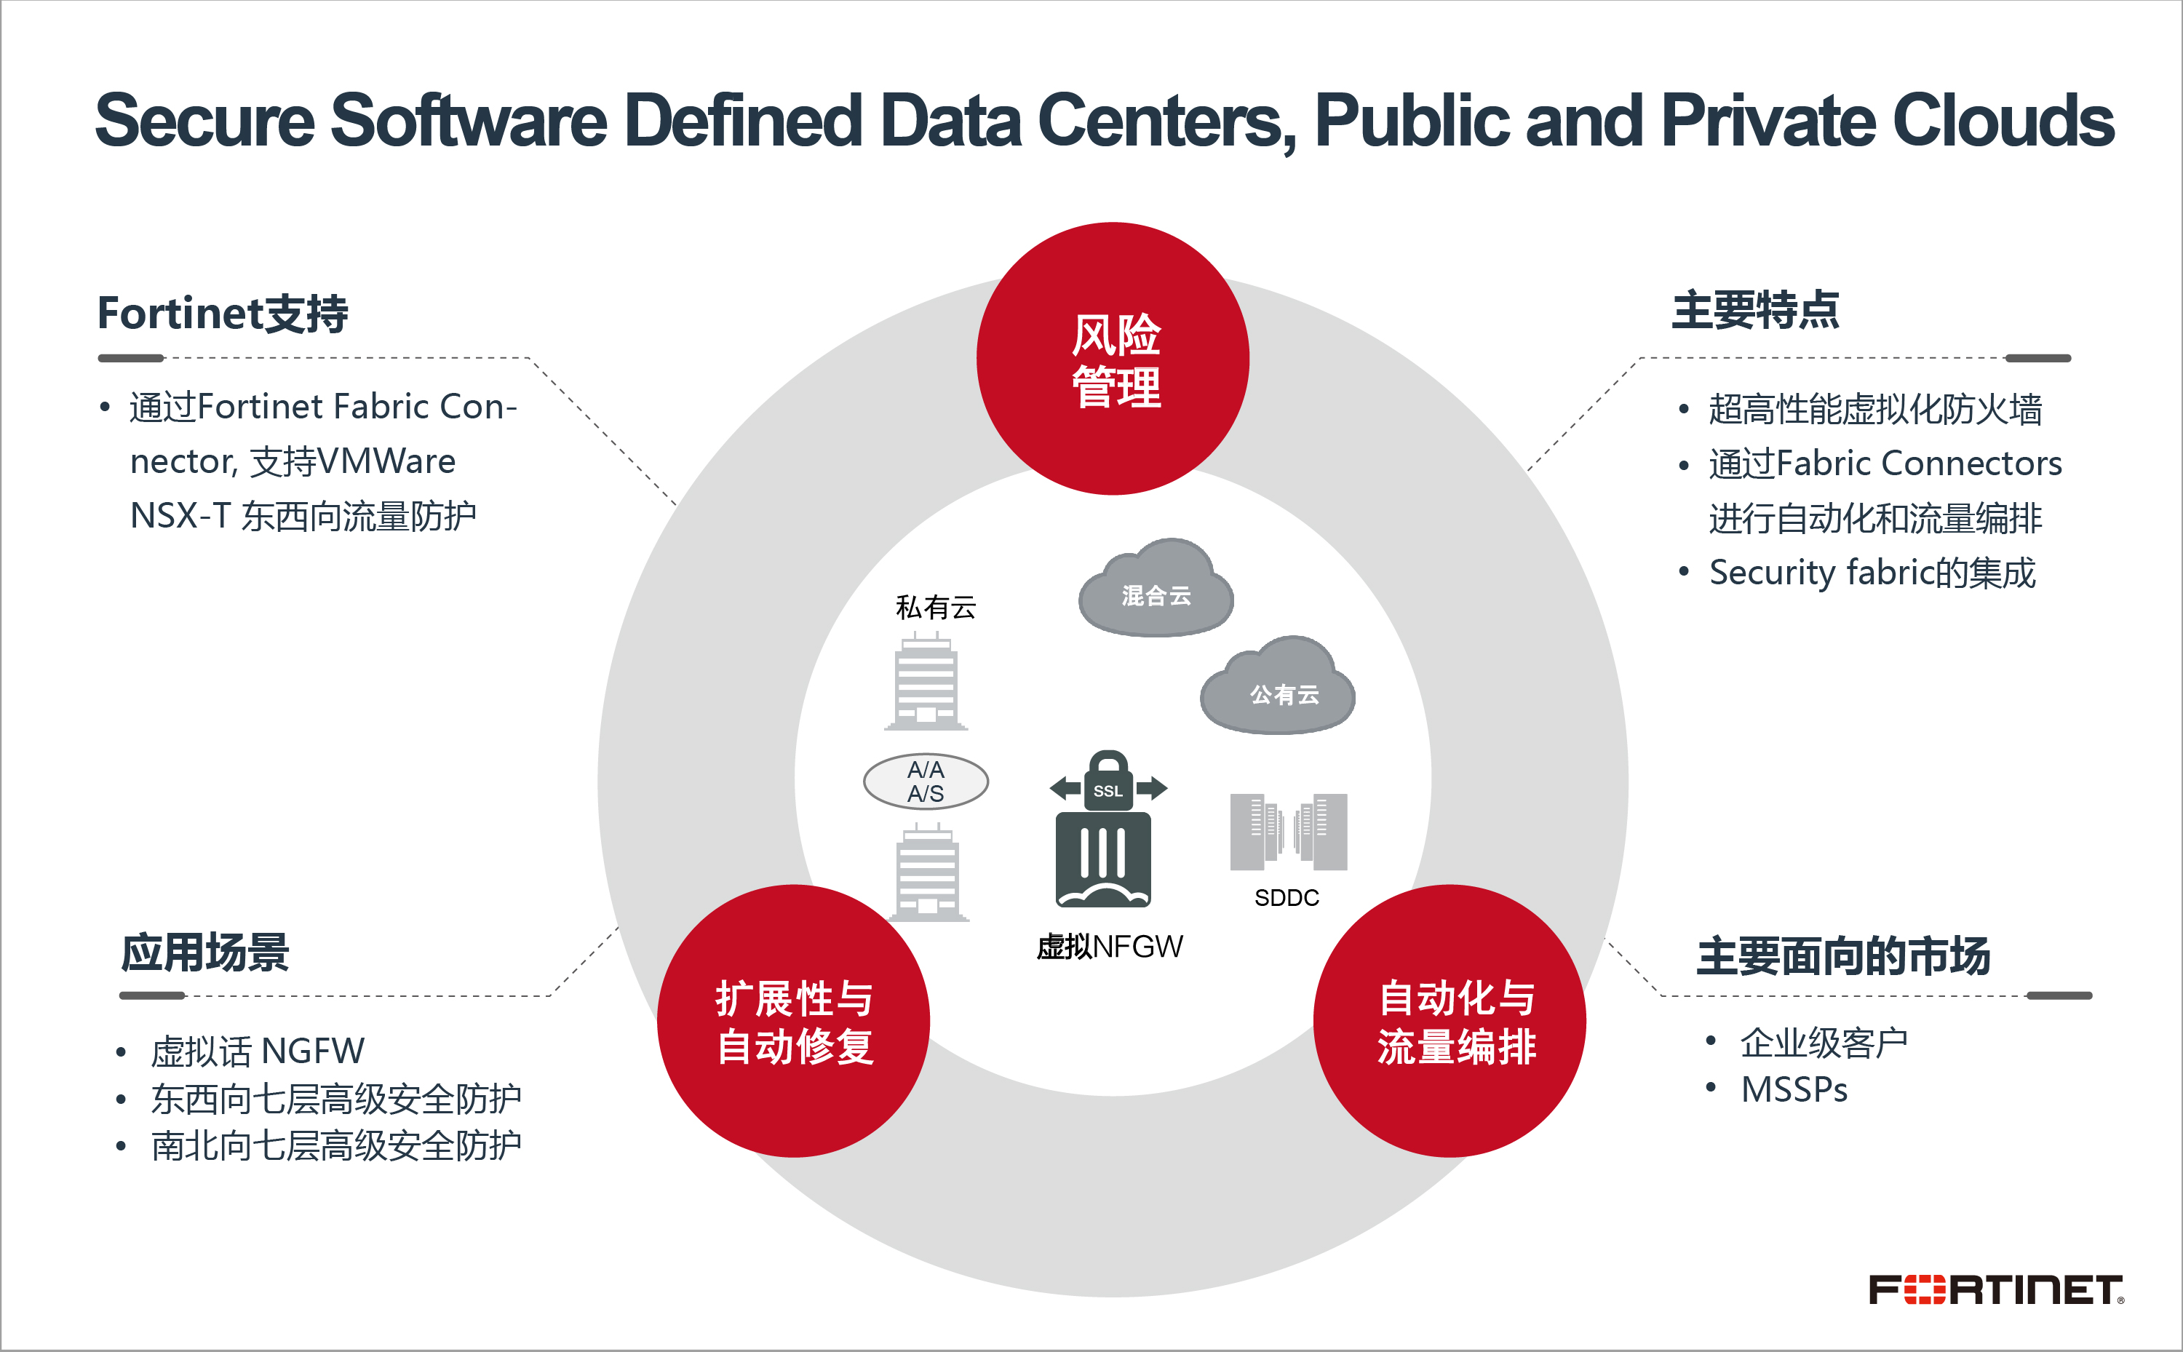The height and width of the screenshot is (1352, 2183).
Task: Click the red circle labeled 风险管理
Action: coord(1112,359)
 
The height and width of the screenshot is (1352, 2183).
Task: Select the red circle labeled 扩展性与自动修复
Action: coord(794,1021)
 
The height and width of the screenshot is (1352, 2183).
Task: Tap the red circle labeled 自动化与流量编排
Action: coord(1449,1021)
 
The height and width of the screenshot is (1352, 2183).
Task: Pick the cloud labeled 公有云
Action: coord(1279,691)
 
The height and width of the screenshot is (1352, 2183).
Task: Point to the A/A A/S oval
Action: coord(925,782)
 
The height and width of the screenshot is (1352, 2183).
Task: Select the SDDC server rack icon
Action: coord(1288,832)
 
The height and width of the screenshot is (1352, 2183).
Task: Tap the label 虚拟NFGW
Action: coord(1110,946)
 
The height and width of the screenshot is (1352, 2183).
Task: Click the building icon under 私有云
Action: coord(926,681)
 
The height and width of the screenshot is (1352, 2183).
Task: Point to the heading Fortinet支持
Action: coord(223,314)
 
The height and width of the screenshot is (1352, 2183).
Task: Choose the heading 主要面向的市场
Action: coord(1843,956)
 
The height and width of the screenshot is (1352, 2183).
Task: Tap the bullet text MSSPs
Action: coord(1793,1090)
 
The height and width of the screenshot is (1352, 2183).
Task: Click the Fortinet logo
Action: coord(1995,1289)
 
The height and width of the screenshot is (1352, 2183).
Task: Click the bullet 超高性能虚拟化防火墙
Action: coord(1874,410)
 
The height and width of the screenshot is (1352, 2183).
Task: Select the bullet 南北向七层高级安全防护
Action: coord(335,1146)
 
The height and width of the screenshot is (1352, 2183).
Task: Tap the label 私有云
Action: coord(935,607)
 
